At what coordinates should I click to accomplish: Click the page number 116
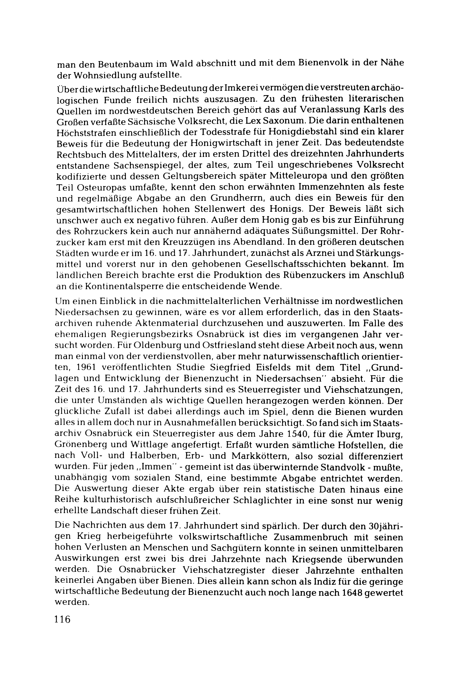tap(62, 619)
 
